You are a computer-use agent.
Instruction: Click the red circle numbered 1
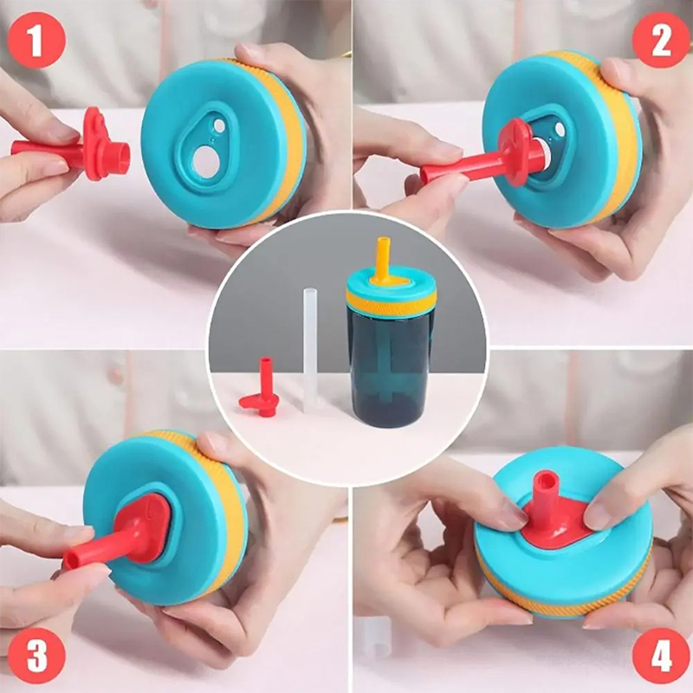coord(36,41)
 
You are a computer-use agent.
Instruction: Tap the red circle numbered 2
coord(661,39)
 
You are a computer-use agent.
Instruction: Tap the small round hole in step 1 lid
coord(219,125)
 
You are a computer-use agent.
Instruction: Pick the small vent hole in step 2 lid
coord(560,129)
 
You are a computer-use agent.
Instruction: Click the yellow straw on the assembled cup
coord(383,261)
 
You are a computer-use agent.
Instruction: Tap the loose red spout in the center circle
coord(262,389)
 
